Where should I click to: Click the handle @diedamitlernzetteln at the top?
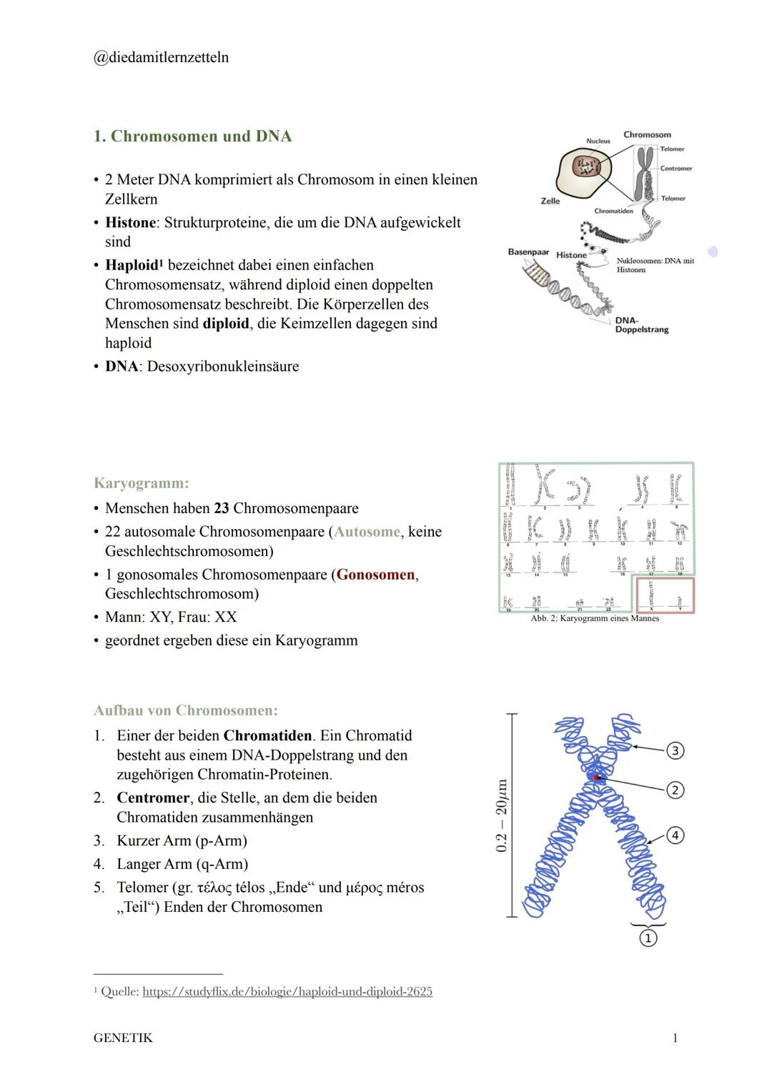pyautogui.click(x=161, y=57)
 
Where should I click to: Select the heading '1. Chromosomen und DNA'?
pyautogui.click(x=192, y=136)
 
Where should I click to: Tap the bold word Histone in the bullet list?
pyautogui.click(x=130, y=222)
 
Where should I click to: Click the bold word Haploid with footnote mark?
pyautogui.click(x=133, y=265)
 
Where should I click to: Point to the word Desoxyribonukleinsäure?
pyautogui.click(x=222, y=367)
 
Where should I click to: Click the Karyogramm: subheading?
pyautogui.click(x=141, y=483)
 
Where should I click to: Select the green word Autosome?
pyautogui.click(x=367, y=532)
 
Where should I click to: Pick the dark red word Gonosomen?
pyautogui.click(x=375, y=575)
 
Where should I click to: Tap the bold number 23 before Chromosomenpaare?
pyautogui.click(x=221, y=508)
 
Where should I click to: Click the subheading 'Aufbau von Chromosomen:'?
pyautogui.click(x=185, y=710)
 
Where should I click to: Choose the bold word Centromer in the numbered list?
pyautogui.click(x=153, y=798)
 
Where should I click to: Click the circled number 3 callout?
pyautogui.click(x=675, y=750)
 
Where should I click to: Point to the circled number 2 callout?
pyautogui.click(x=675, y=790)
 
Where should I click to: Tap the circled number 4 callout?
pyautogui.click(x=675, y=835)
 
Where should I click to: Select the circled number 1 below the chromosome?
pyautogui.click(x=648, y=938)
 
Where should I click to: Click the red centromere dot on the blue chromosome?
pyautogui.click(x=595, y=777)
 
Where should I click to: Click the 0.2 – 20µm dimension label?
pyautogui.click(x=502, y=815)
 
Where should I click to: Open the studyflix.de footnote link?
pyautogui.click(x=287, y=991)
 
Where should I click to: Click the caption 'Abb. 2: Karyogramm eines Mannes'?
pyautogui.click(x=595, y=618)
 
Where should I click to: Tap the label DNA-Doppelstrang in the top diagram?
pyautogui.click(x=641, y=325)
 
